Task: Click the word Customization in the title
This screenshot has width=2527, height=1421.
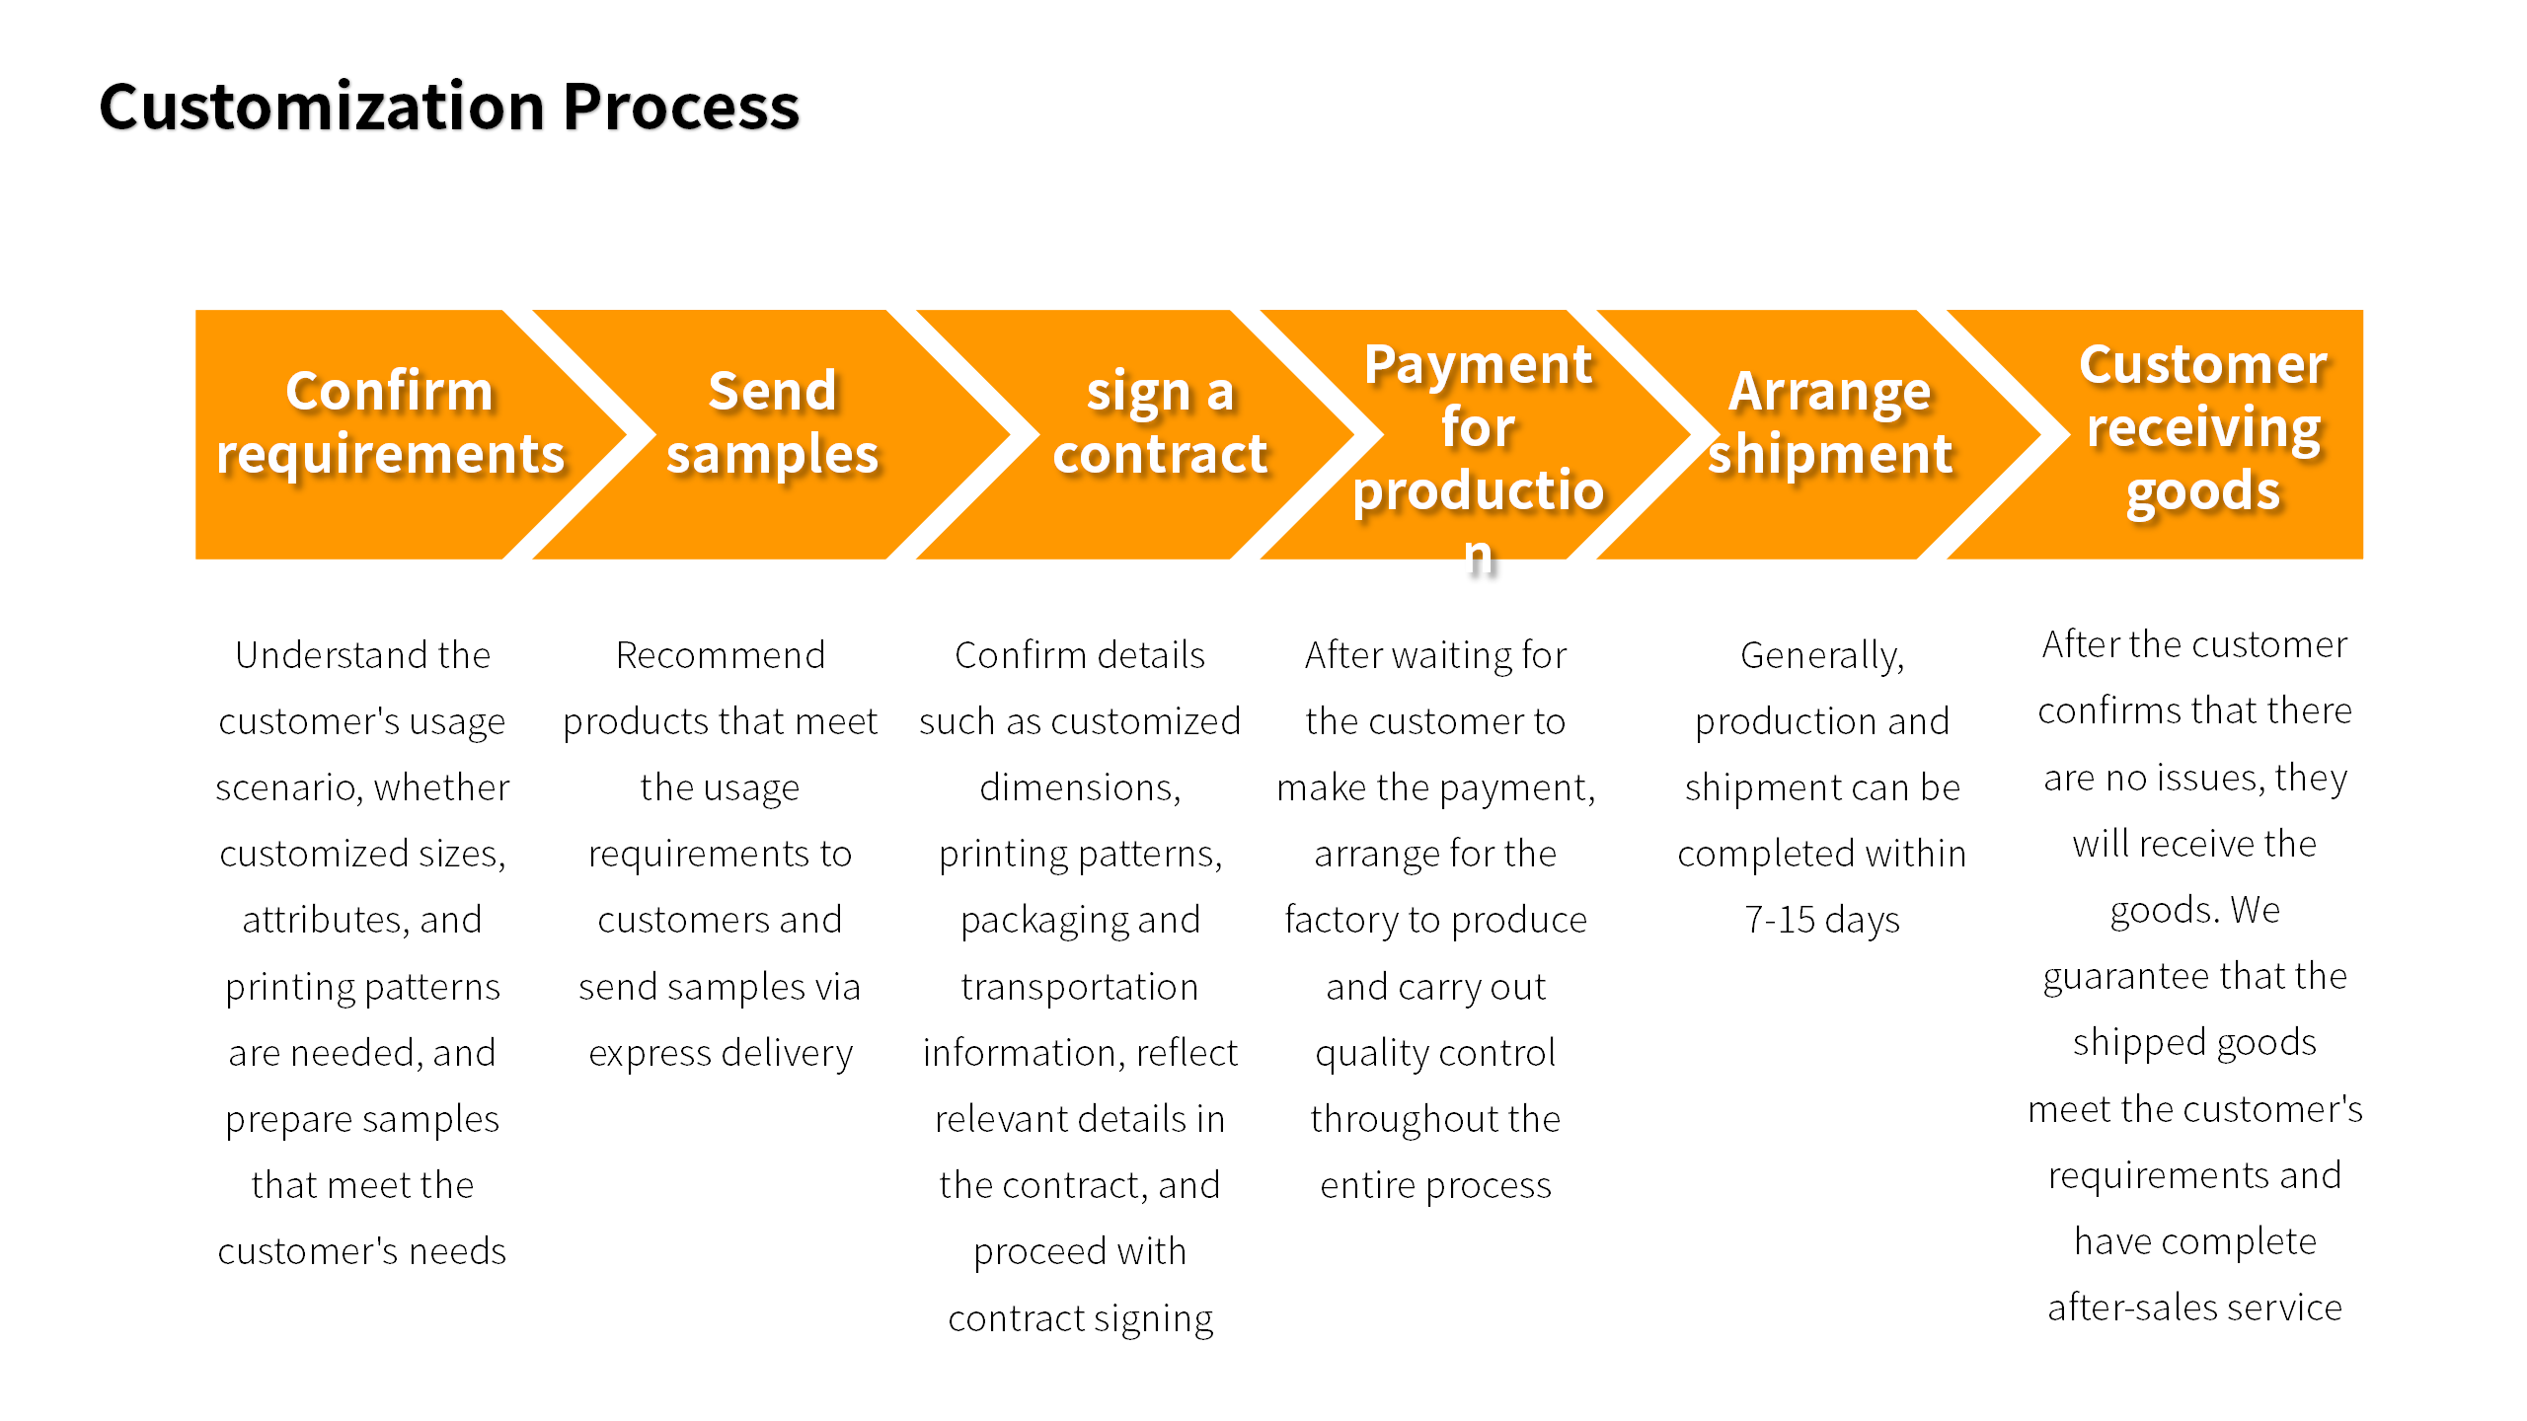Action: [322, 107]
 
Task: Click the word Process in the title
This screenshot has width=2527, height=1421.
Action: [680, 107]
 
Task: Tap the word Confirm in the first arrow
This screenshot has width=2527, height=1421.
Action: [389, 391]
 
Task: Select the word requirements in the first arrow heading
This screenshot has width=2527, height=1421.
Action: [390, 455]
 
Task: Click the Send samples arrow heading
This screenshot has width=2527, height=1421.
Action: [772, 422]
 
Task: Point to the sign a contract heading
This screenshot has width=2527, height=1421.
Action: [1160, 422]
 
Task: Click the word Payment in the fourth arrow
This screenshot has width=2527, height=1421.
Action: [1478, 365]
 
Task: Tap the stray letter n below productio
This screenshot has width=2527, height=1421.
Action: [1478, 555]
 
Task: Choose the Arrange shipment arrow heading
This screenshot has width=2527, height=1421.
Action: [1830, 422]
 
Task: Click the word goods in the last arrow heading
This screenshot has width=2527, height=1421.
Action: [2202, 491]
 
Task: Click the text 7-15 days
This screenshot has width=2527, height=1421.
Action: [1821, 920]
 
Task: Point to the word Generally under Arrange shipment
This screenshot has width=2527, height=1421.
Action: [1821, 655]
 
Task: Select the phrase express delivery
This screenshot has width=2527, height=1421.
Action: [721, 1053]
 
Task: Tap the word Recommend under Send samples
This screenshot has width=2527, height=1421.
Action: [721, 655]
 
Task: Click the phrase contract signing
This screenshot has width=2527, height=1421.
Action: [1080, 1318]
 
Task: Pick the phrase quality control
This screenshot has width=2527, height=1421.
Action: [1435, 1053]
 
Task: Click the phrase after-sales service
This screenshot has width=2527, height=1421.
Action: [2194, 1308]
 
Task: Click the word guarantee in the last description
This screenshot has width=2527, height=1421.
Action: [2107, 977]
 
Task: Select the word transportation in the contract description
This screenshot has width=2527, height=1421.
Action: [1080, 987]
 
